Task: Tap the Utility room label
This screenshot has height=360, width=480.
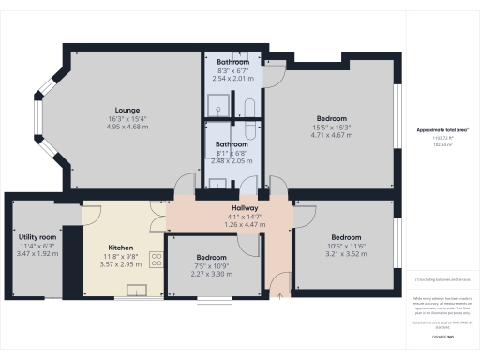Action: [37, 238]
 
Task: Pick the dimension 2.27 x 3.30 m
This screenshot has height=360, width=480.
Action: [211, 274]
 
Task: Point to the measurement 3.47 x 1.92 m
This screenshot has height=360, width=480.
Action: [37, 255]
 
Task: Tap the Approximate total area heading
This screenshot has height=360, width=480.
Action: [442, 130]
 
